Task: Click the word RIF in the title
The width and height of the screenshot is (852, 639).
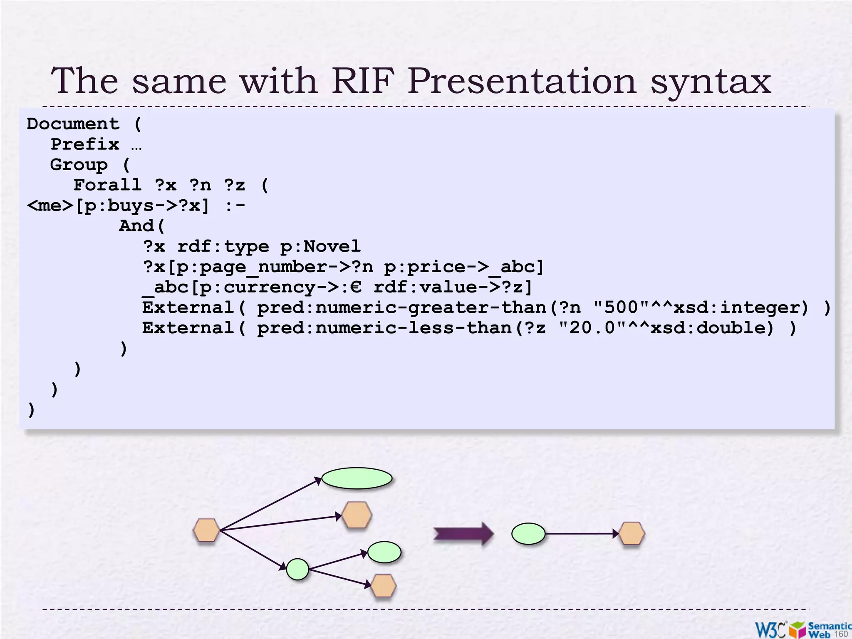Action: coord(363,81)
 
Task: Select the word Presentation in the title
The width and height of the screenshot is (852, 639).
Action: coord(522,81)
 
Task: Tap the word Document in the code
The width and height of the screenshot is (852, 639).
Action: coord(73,124)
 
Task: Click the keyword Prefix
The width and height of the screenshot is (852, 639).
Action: coord(85,144)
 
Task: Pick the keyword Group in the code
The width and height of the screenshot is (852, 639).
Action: coord(79,165)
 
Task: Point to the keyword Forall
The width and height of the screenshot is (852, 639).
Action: coord(107,185)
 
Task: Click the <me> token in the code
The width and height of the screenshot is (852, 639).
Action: coord(50,206)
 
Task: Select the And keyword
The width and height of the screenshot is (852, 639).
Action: coord(136,226)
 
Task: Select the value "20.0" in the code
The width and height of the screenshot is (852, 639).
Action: coord(592,328)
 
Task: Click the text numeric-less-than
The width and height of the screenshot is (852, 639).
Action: coord(414,328)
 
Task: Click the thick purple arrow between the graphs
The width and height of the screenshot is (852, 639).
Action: coord(463,534)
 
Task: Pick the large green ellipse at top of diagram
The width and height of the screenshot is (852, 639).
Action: coord(357,478)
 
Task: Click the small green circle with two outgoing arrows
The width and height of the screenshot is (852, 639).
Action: coord(298,570)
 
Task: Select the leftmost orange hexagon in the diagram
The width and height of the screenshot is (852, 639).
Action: coord(206,530)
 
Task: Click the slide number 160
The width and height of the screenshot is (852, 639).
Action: coord(841,634)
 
